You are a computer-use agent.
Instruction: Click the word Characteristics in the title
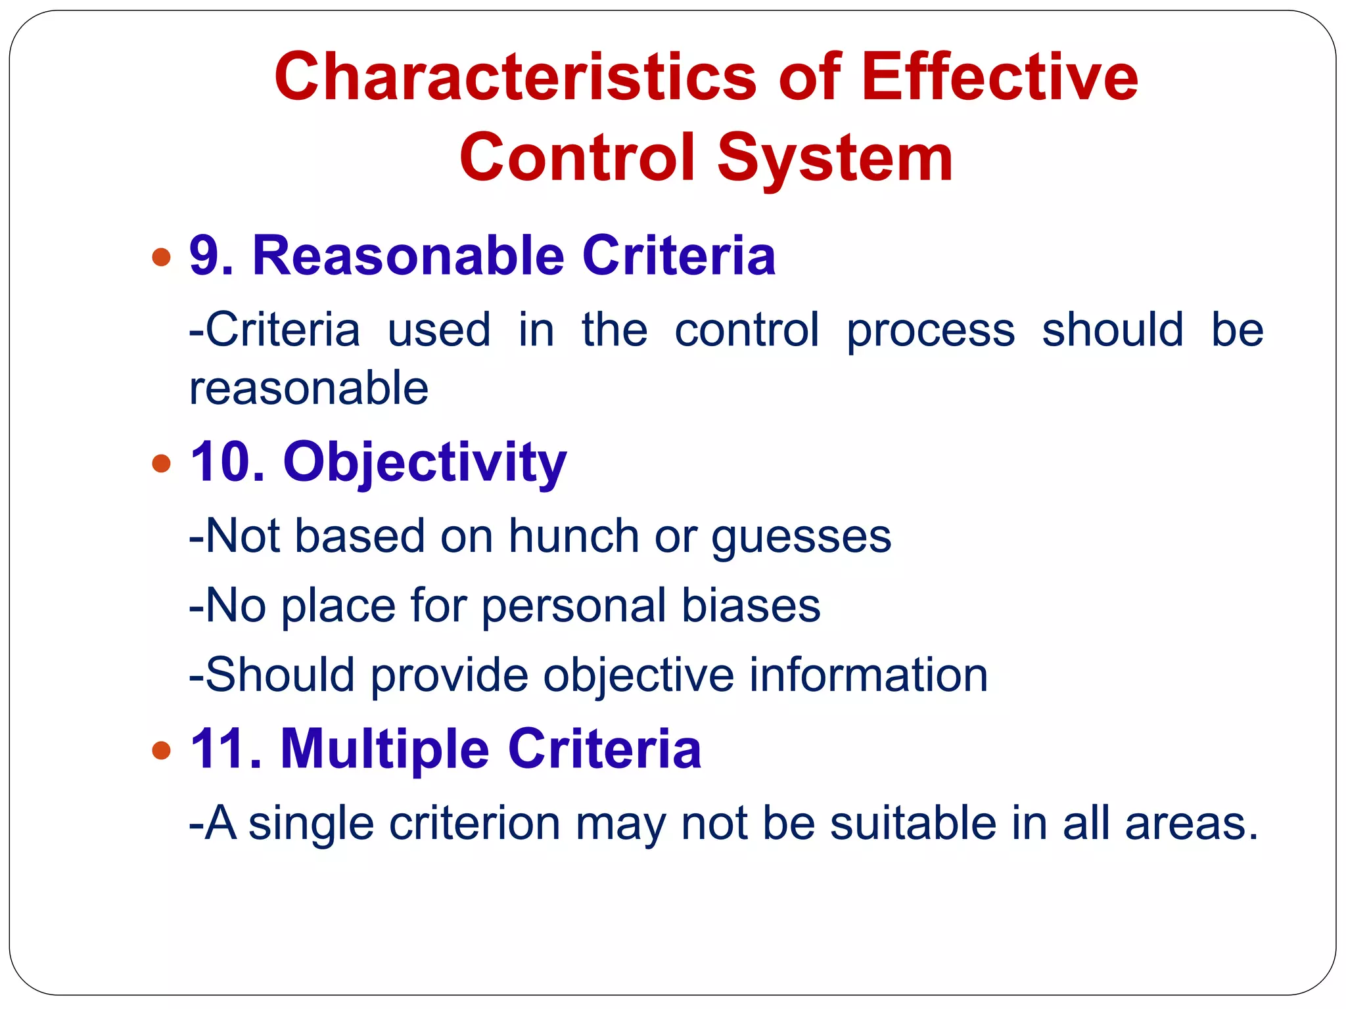click(515, 78)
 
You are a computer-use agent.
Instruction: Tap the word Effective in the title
click(1000, 78)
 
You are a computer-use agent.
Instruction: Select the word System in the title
click(834, 158)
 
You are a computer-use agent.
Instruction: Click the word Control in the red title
click(577, 158)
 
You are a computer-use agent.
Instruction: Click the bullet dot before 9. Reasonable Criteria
click(161, 257)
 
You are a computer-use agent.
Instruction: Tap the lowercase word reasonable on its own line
click(309, 388)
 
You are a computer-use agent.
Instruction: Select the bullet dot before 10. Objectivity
click(161, 464)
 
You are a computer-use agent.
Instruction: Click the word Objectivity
click(425, 464)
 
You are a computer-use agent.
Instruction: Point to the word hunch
click(574, 536)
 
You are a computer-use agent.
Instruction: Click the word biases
click(751, 606)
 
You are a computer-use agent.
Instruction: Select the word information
click(868, 675)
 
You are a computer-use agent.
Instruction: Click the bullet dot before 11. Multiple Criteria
click(161, 750)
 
